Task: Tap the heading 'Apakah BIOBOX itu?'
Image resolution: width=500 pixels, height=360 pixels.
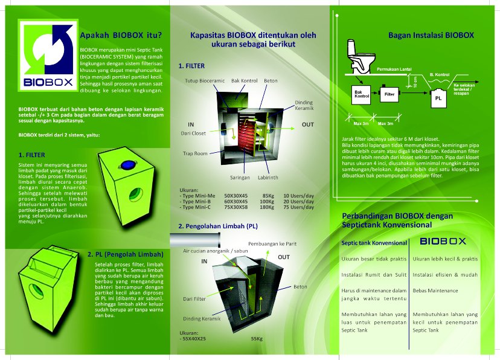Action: (115, 34)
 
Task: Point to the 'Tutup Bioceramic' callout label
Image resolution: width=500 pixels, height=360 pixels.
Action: (205, 80)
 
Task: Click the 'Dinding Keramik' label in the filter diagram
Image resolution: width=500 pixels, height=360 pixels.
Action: (304, 106)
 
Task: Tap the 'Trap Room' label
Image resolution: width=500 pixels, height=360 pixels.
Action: (195, 153)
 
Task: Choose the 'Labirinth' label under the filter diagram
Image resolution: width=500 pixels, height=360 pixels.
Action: (267, 178)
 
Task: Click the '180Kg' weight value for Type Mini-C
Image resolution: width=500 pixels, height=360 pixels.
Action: (267, 207)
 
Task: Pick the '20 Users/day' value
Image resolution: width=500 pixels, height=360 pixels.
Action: (298, 201)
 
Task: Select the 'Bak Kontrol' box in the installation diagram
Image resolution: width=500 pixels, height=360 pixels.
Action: (362, 94)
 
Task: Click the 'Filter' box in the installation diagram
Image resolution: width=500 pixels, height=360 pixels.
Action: (389, 94)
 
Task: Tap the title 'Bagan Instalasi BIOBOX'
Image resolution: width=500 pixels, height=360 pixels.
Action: (431, 36)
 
